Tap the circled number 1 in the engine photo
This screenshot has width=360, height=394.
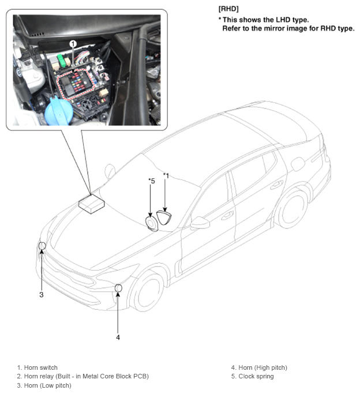tap(73, 44)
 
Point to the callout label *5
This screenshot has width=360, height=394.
tap(151, 181)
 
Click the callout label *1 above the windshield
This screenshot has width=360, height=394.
tap(166, 175)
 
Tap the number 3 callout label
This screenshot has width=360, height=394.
tap(42, 295)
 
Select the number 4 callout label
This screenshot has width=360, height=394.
tap(118, 337)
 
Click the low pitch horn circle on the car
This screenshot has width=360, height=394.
tap(42, 246)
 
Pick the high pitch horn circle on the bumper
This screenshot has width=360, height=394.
tap(118, 288)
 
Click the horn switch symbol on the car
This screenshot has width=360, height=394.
tap(166, 217)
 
